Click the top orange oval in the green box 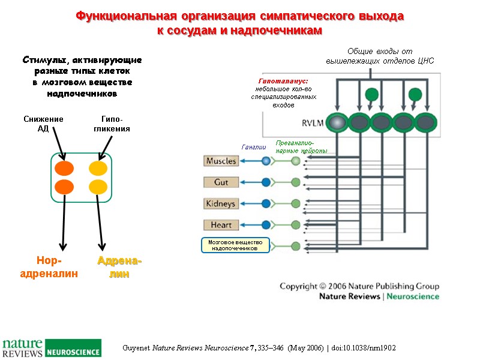pos(65,167)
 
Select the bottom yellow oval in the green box pos(98,187)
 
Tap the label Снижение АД pos(44,124)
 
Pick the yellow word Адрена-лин pos(119,268)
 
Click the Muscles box pos(221,161)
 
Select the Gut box pos(221,182)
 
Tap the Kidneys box pos(221,203)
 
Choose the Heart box pos(221,225)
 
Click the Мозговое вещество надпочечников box pos(235,245)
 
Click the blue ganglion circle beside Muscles pos(266,161)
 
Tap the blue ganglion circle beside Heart pos(266,225)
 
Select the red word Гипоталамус pos(283,80)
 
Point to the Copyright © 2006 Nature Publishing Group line pos(359,286)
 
